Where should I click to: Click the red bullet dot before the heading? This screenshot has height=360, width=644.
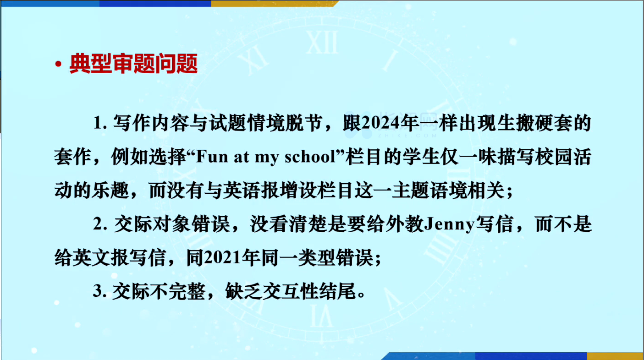click(58, 64)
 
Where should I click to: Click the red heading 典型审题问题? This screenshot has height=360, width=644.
click(134, 63)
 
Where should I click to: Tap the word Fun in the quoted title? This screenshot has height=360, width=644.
click(212, 157)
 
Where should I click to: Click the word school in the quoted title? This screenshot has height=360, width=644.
click(310, 157)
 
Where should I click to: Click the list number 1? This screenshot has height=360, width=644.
click(100, 123)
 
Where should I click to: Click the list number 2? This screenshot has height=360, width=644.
click(100, 224)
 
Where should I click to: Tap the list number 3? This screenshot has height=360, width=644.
click(100, 291)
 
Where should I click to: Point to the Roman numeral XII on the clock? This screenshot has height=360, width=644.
click(322, 42)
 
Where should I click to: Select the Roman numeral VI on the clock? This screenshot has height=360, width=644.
click(322, 316)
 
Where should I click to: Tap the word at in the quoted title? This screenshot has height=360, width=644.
click(242, 158)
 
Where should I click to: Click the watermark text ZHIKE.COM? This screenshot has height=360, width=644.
click(407, 135)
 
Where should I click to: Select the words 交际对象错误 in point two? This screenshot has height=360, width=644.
click(172, 224)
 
